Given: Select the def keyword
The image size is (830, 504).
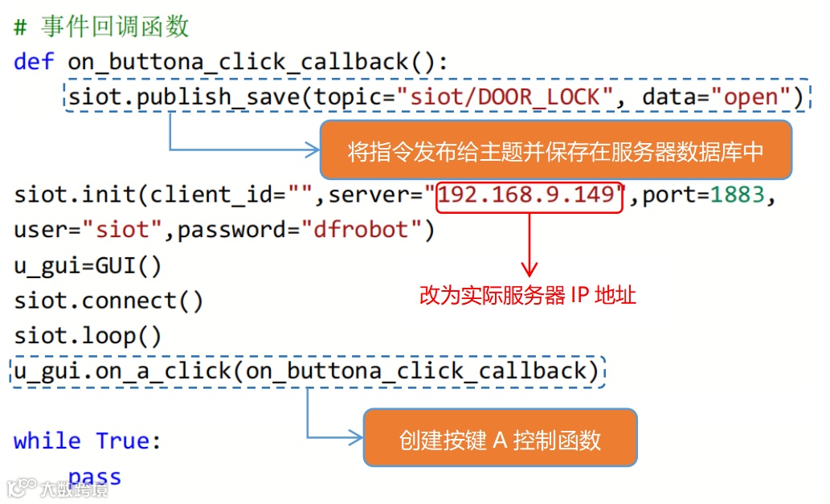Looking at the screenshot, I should click(x=34, y=62).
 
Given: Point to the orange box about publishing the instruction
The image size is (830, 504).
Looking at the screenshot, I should click(x=555, y=150).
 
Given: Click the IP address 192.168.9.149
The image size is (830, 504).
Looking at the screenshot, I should click(x=529, y=195).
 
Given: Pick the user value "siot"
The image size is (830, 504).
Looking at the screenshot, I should click(x=122, y=231).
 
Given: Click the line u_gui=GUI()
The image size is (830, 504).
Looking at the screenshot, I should click(x=88, y=265).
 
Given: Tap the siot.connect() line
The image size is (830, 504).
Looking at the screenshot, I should click(x=108, y=301).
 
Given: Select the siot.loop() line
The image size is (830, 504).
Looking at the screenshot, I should click(x=88, y=335).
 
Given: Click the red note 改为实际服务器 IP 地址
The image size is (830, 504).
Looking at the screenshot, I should click(x=527, y=295).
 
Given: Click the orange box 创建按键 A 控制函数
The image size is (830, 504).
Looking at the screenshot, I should click(x=500, y=438).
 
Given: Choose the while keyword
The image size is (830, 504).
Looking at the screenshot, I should click(x=47, y=441).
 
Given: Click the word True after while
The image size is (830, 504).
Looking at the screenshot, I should click(x=122, y=441).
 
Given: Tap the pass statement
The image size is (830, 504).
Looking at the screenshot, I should click(x=95, y=477).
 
